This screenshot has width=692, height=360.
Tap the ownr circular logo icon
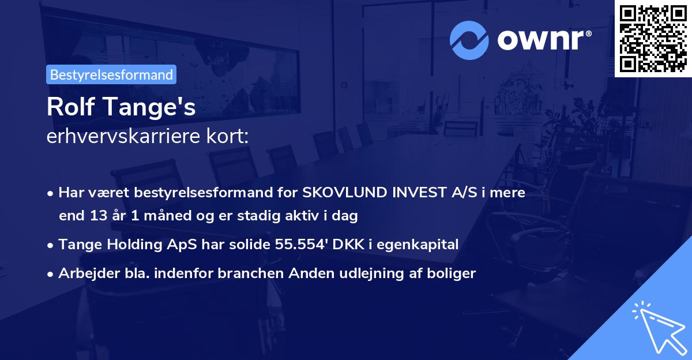coord(469,40)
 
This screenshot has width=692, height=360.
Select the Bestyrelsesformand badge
coord(111,74)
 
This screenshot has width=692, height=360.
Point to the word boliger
coord(453,274)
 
